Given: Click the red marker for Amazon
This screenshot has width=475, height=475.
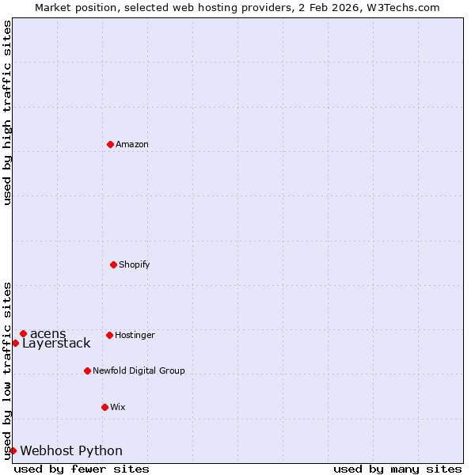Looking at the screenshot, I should pyautogui.click(x=110, y=144).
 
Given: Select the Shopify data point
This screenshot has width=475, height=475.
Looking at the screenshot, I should pyautogui.click(x=113, y=264).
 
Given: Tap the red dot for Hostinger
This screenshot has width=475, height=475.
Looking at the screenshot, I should pyautogui.click(x=109, y=335).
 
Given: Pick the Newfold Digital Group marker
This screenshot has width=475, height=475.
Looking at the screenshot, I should pyautogui.click(x=87, y=370).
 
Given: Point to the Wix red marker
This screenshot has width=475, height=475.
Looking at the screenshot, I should pyautogui.click(x=104, y=407).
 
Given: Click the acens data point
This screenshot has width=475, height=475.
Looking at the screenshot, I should pyautogui.click(x=23, y=333).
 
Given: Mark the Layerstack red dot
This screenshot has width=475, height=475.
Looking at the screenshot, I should pyautogui.click(x=15, y=343).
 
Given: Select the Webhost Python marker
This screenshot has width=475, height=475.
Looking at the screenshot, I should pyautogui.click(x=13, y=450).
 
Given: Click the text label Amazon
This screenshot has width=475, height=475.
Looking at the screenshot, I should pyautogui.click(x=132, y=144).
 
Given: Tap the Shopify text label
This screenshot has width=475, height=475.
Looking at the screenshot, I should pyautogui.click(x=135, y=264).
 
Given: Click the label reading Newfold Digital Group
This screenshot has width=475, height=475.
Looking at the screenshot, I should pyautogui.click(x=139, y=370).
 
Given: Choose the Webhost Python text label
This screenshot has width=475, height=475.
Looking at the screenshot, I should pyautogui.click(x=71, y=451).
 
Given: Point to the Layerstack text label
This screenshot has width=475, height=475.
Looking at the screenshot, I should pyautogui.click(x=56, y=344).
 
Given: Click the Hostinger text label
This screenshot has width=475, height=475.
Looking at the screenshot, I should pyautogui.click(x=135, y=335).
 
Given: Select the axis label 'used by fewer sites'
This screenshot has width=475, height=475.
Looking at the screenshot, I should pyautogui.click(x=82, y=469).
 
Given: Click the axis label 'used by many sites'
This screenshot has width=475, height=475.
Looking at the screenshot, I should pyautogui.click(x=397, y=469).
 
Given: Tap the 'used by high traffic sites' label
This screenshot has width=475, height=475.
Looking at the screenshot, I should pyautogui.click(x=7, y=112).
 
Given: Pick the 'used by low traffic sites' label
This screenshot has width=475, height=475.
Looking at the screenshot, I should pyautogui.click(x=7, y=370).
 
